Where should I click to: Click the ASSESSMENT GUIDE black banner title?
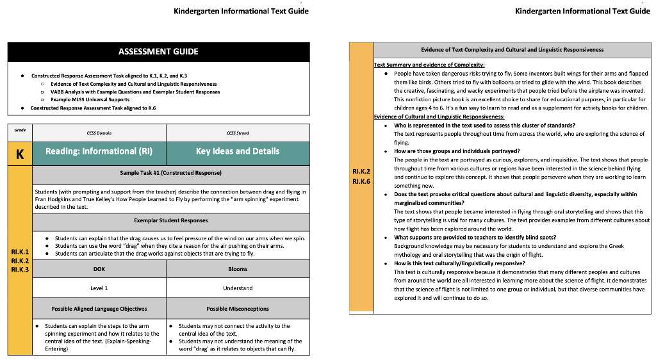(158, 52)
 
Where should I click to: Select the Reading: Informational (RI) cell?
(99, 152)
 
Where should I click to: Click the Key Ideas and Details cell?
(238, 152)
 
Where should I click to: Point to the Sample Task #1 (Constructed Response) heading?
(170, 173)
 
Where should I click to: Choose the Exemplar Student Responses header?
(170, 220)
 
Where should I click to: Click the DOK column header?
(99, 269)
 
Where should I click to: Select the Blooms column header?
(238, 269)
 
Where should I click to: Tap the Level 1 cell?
(99, 288)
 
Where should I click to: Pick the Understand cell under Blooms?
(238, 288)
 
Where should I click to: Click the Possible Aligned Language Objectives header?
(99, 309)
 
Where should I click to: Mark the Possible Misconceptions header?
(238, 309)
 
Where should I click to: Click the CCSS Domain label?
(99, 133)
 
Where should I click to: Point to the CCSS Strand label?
(238, 133)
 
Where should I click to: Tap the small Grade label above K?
(20, 130)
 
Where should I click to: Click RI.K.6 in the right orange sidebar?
(361, 181)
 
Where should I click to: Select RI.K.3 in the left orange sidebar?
(20, 270)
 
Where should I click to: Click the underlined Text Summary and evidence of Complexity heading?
(429, 65)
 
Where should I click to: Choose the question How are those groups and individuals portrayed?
(457, 151)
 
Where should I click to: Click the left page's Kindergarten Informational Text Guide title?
(242, 11)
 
